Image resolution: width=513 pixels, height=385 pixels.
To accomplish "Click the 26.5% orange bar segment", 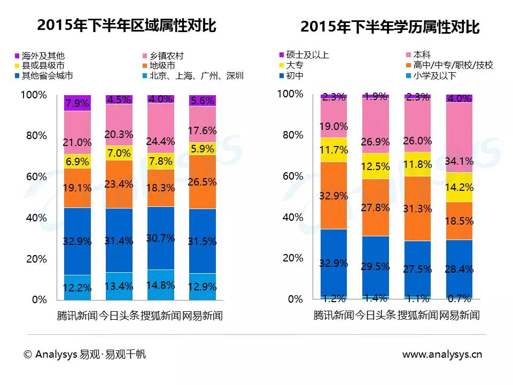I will tap(203, 182).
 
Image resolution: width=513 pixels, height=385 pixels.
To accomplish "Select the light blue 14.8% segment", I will tap(161, 285).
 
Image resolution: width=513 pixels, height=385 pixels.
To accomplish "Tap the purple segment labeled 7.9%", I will tap(77, 103).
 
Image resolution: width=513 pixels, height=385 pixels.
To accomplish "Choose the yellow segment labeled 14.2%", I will tap(460, 187).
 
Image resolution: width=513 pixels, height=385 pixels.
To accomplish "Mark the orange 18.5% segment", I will tap(460, 221).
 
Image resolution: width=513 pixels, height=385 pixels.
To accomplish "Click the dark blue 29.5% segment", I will tap(376, 266).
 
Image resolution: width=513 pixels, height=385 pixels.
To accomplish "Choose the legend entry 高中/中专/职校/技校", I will tap(445, 65).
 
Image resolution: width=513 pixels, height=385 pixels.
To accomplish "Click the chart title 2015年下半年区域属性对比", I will tap(127, 25).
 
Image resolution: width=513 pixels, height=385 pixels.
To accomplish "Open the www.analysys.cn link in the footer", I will tap(442, 354).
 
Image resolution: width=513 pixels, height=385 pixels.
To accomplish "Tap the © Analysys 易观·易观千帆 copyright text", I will tap(84, 354).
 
